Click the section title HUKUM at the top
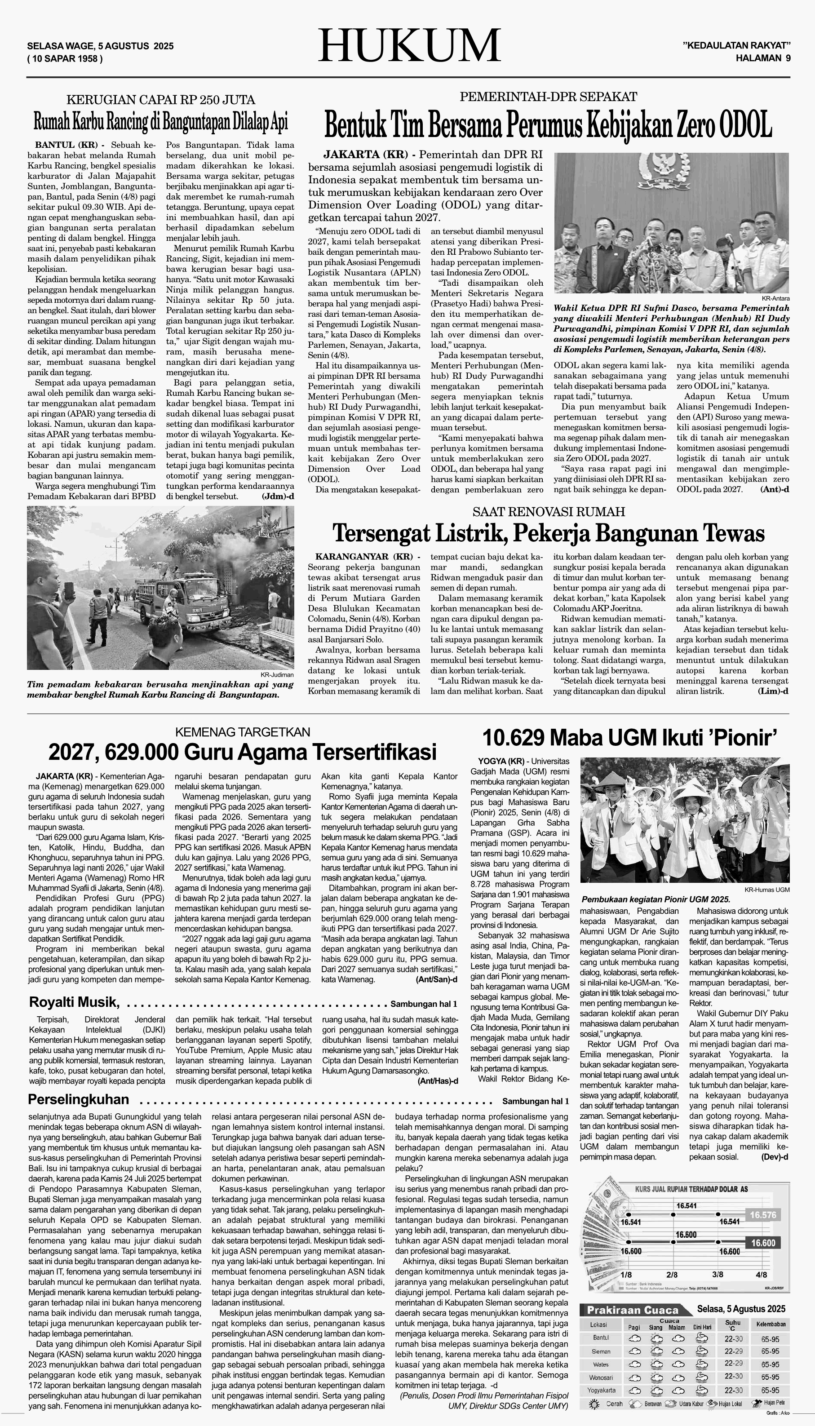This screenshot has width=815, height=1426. coord(409,46)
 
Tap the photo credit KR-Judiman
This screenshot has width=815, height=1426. coord(277,675)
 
